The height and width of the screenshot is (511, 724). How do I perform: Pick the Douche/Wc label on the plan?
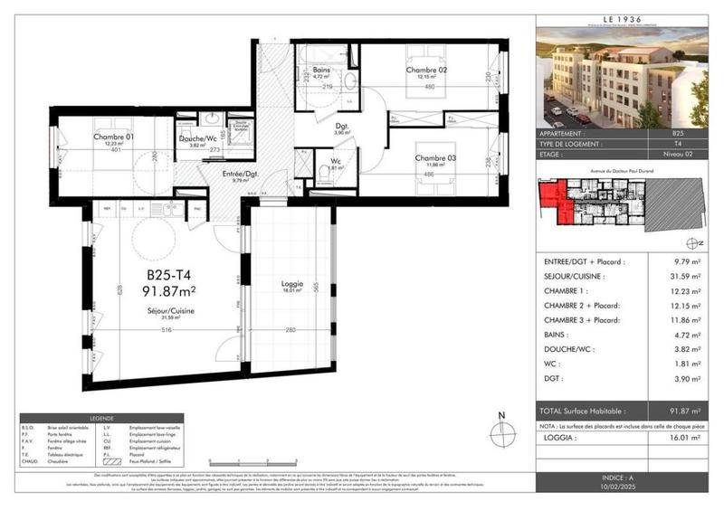(x=196, y=138)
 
